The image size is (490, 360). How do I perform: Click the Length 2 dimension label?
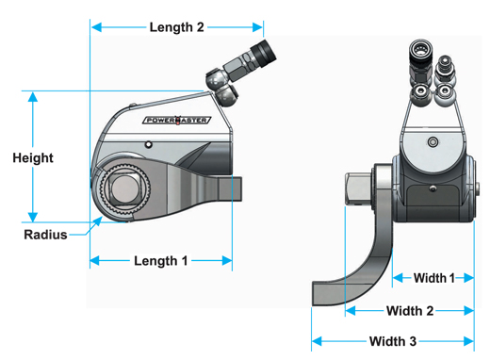pos(176,27)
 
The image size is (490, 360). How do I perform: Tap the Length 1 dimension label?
pos(161,260)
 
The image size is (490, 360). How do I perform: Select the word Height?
pos(33,158)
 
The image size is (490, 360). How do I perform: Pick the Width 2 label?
pos(410,310)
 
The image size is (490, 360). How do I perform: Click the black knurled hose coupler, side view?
pos(259,54)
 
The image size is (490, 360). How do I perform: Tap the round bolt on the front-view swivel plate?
pos(433,142)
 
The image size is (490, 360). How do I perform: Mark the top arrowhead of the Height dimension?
pos(34,96)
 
